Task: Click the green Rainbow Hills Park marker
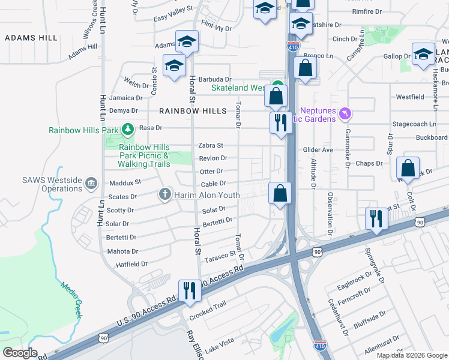[x=127, y=129]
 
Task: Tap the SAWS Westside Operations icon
[x=91, y=182]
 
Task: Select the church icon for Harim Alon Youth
[x=165, y=194]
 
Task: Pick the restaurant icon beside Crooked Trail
[x=190, y=290]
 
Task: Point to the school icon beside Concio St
[x=174, y=65]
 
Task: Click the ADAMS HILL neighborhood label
[x=31, y=38]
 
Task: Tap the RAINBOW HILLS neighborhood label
[x=193, y=111]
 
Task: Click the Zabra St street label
[x=211, y=145]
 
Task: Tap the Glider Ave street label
[x=318, y=150]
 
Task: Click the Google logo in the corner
[x=20, y=353]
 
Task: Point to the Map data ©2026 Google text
[x=411, y=355]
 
